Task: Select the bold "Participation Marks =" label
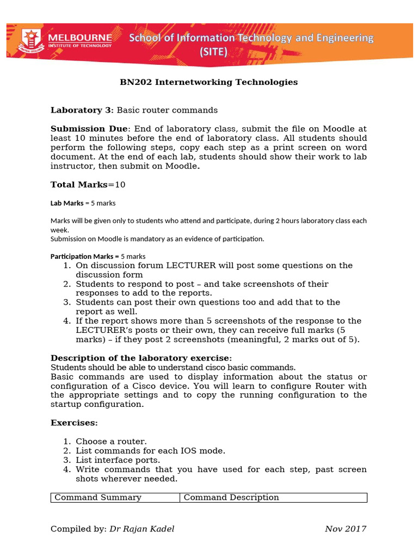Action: click(x=84, y=256)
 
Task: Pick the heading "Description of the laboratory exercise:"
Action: click(x=141, y=357)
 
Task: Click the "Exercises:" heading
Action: click(x=74, y=423)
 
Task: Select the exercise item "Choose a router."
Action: click(x=111, y=441)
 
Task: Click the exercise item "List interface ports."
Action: click(x=118, y=460)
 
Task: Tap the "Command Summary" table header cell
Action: click(x=98, y=497)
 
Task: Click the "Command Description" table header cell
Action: click(x=231, y=497)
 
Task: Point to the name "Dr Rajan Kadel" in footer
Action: click(x=142, y=529)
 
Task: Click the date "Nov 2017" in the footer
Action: click(x=346, y=529)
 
